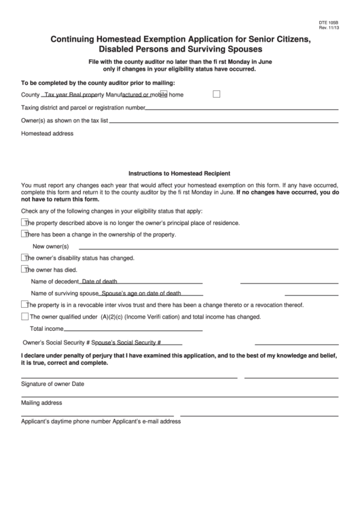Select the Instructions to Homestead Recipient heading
click(x=179, y=173)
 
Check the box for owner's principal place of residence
click(x=25, y=222)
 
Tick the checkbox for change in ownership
click(x=25, y=234)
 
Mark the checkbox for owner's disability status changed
click(x=25, y=258)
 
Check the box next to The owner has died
click(x=25, y=269)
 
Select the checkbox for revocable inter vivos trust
click(x=25, y=305)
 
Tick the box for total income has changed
click(x=25, y=317)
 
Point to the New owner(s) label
click(x=51, y=246)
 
